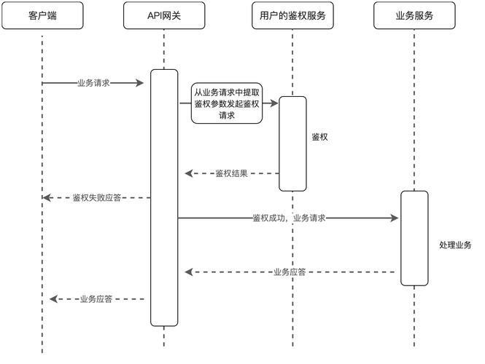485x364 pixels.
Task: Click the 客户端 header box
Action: click(42, 15)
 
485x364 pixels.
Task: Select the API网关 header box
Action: click(164, 15)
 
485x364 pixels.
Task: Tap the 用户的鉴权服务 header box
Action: click(292, 15)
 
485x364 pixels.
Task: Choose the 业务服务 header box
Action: click(414, 15)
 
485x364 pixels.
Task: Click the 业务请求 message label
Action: click(93, 83)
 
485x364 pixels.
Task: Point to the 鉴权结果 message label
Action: click(231, 174)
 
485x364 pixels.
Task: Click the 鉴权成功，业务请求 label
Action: click(288, 218)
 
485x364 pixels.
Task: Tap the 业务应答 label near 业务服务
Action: click(289, 272)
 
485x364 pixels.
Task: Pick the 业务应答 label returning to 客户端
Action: click(96, 299)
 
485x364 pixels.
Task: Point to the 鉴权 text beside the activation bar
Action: click(319, 136)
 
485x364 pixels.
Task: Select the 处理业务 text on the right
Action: click(455, 245)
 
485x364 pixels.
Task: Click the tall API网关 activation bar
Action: click(164, 197)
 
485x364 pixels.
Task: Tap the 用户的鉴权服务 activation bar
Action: click(292, 143)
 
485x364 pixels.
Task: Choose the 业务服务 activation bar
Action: click(414, 238)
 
